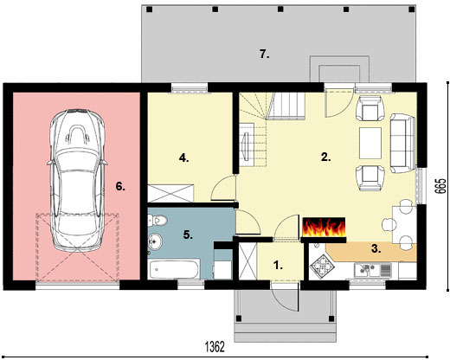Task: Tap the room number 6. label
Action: pyautogui.click(x=120, y=185)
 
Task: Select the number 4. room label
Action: pyautogui.click(x=183, y=157)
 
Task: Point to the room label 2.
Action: pyautogui.click(x=325, y=157)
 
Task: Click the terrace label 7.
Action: pyautogui.click(x=265, y=54)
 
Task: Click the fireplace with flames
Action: pyautogui.click(x=325, y=228)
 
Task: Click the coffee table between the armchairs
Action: pyautogui.click(x=370, y=138)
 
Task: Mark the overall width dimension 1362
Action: pyautogui.click(x=215, y=346)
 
